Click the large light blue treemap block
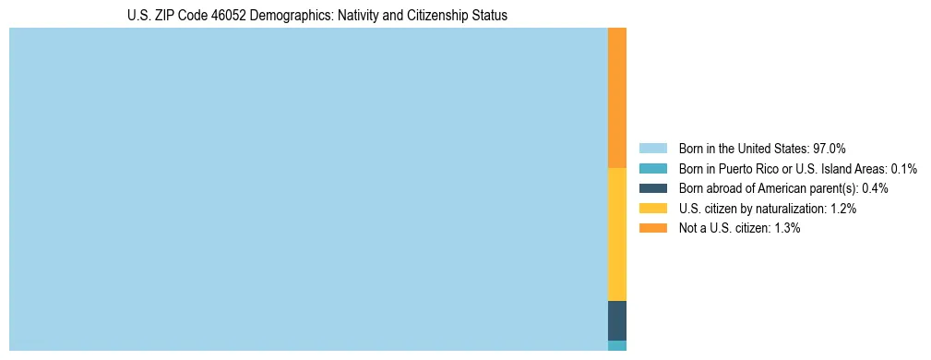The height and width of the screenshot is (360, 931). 308,189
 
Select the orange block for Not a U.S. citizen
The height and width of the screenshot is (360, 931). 617,98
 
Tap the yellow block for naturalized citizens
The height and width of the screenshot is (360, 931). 617,234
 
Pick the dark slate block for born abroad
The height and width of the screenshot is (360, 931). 617,320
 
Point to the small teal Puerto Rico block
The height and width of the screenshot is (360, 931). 617,346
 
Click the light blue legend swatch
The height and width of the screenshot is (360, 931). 652,149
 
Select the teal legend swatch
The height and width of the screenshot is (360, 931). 652,169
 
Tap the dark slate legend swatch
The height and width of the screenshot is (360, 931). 652,188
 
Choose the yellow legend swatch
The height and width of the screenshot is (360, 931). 652,209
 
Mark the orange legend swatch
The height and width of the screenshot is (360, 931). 652,228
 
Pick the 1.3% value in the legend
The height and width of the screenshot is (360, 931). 787,228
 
